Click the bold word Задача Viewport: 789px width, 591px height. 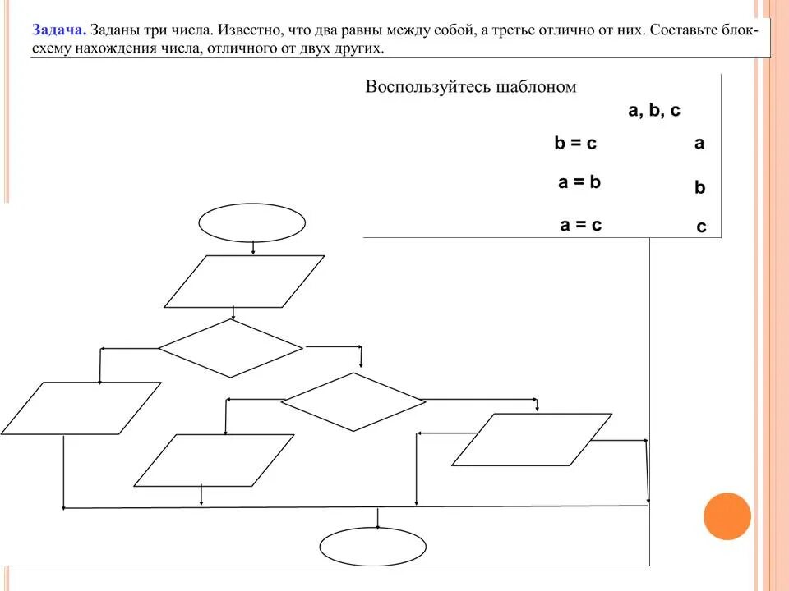pos(59,30)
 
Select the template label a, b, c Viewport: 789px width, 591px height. pos(654,111)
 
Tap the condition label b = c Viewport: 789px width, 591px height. pos(575,144)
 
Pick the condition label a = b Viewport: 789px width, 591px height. pos(579,182)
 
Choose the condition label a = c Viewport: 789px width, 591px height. pos(580,224)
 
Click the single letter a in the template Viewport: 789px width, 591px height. pos(699,143)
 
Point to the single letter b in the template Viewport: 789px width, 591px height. pos(700,187)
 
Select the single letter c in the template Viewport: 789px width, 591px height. pos(701,227)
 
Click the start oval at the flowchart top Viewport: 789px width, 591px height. pos(251,222)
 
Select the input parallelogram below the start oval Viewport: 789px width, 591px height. pos(244,281)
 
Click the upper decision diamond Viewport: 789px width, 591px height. pos(231,348)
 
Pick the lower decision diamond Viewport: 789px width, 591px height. pos(353,401)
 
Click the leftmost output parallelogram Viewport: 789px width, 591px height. pos(81,408)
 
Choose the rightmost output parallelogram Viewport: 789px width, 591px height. pos(532,439)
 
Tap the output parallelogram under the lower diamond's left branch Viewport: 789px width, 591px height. pos(214,460)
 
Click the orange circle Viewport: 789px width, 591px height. pos(727,516)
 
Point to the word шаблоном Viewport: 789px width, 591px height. pos(537,87)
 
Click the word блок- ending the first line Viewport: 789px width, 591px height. pos(743,30)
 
